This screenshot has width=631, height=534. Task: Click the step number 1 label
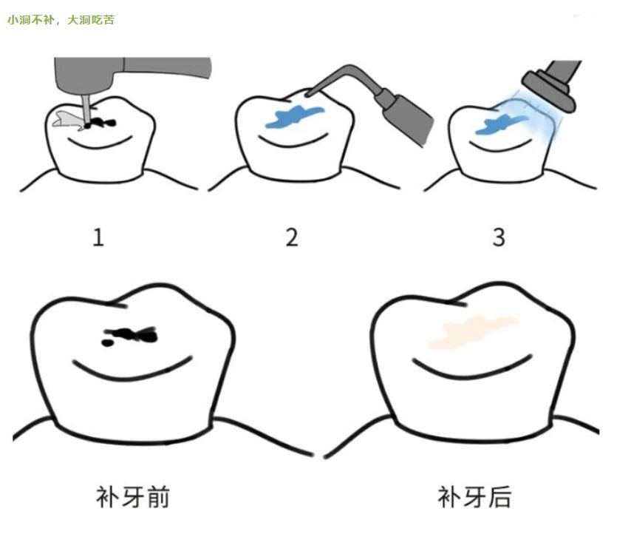click(98, 237)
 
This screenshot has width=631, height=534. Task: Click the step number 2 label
click(292, 237)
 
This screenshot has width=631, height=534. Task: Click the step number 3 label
click(499, 237)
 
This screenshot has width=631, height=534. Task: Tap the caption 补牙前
click(133, 496)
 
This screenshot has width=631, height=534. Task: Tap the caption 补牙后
click(474, 496)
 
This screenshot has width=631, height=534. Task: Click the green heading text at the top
click(61, 20)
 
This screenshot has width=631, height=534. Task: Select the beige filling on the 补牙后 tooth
click(473, 330)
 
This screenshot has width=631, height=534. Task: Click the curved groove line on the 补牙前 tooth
click(133, 368)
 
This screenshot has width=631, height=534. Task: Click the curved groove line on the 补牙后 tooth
click(473, 368)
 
